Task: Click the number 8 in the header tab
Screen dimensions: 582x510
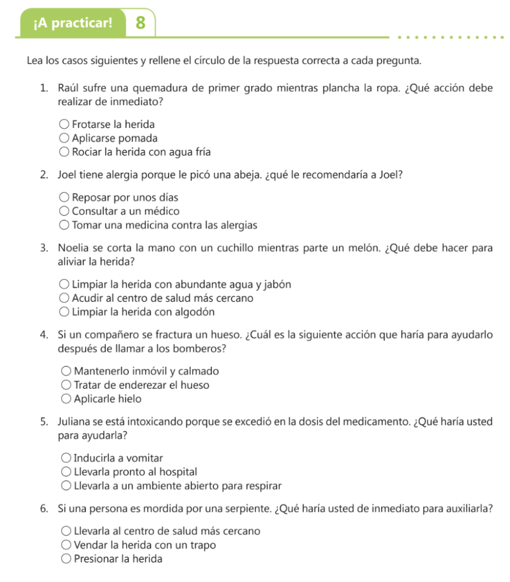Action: pyautogui.click(x=141, y=23)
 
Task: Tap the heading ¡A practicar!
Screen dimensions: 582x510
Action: pyautogui.click(x=73, y=24)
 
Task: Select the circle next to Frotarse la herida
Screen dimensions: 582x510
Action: pyautogui.click(x=65, y=124)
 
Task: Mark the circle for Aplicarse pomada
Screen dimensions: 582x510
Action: pyautogui.click(x=65, y=138)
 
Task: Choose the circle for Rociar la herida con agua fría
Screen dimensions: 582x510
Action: pyautogui.click(x=65, y=152)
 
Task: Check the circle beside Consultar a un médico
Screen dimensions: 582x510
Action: pyautogui.click(x=65, y=211)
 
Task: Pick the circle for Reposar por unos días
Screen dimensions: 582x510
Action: pyautogui.click(x=65, y=198)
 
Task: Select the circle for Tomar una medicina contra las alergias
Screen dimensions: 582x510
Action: pyautogui.click(x=65, y=226)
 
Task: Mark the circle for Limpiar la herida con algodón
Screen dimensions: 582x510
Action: pyautogui.click(x=65, y=312)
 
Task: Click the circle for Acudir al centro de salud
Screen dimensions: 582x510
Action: pyautogui.click(x=65, y=298)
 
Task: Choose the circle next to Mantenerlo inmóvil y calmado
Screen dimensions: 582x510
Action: pyautogui.click(x=66, y=372)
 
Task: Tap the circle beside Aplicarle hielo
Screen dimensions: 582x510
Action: pyautogui.click(x=66, y=399)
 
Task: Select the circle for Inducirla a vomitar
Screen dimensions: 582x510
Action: pyautogui.click(x=66, y=458)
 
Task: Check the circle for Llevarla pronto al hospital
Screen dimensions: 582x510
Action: pyautogui.click(x=66, y=472)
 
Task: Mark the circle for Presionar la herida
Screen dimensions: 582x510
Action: pyautogui.click(x=66, y=559)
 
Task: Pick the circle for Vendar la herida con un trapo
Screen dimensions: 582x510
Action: pyautogui.click(x=66, y=546)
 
